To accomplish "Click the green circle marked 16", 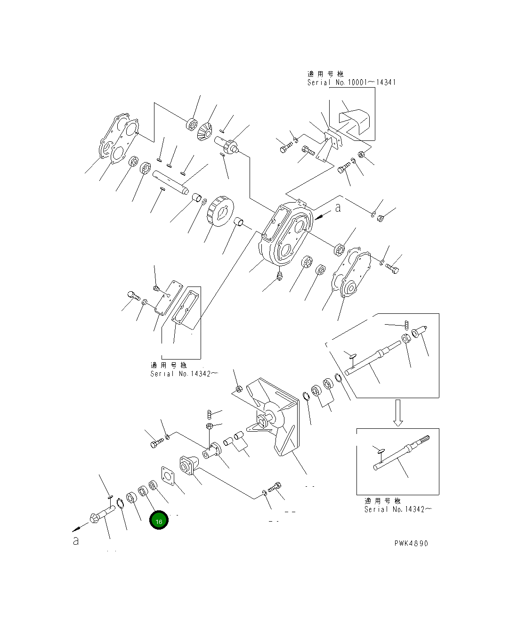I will click(x=159, y=521).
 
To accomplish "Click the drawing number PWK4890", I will click(x=411, y=543).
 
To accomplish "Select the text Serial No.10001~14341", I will click(x=351, y=82).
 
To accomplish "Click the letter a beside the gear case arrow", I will click(x=338, y=208).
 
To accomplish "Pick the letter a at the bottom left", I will click(x=76, y=541).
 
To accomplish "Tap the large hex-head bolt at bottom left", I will click(x=100, y=514).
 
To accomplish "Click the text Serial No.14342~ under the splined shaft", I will click(x=398, y=509).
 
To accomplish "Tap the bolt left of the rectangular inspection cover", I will click(x=133, y=296).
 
